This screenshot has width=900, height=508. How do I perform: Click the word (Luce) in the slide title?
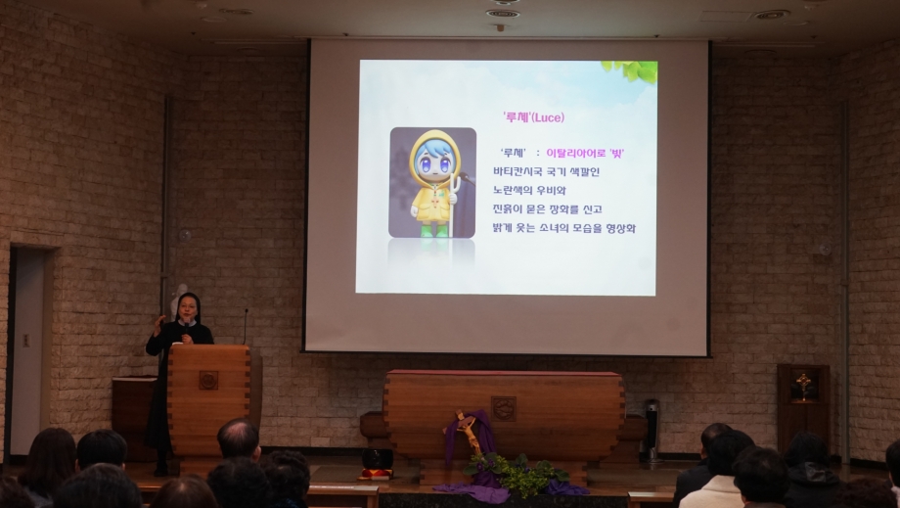[x=548, y=117]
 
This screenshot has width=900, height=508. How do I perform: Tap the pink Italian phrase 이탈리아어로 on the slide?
[x=575, y=154]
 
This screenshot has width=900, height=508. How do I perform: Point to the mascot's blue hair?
[x=434, y=152]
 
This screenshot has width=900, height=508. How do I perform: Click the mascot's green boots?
[x=434, y=230]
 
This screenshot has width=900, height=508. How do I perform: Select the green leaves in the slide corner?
[x=633, y=70]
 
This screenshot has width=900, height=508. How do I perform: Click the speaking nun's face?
[x=188, y=310]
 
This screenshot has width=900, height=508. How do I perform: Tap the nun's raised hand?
[x=158, y=325]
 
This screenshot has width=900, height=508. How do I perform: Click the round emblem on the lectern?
[x=208, y=380]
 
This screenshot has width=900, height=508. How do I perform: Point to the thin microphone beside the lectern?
[x=246, y=327]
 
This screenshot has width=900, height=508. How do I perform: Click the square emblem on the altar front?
[x=504, y=409]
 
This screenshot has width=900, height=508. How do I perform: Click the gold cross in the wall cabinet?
[x=803, y=386]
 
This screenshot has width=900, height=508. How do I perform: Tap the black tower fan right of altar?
[x=652, y=431]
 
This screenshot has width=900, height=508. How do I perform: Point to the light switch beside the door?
[x=25, y=340]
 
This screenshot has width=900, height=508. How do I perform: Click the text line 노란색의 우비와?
[x=529, y=190]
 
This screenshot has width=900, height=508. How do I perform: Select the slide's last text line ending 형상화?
[x=564, y=228]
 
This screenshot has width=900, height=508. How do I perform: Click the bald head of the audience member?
[x=238, y=437]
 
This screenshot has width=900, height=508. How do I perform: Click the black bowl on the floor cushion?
[x=377, y=459]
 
